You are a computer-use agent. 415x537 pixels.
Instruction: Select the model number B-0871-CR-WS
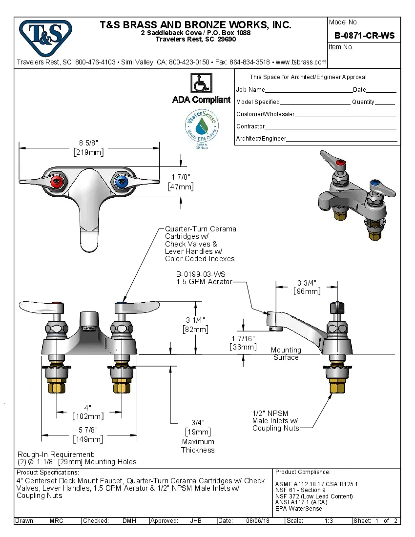pos(364,36)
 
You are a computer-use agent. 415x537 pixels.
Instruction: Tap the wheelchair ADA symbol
pos(201,83)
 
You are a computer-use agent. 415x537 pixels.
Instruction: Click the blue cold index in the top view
pos(120,182)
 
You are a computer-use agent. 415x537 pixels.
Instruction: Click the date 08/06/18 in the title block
pos(258,521)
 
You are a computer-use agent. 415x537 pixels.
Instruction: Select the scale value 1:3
pos(329,521)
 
